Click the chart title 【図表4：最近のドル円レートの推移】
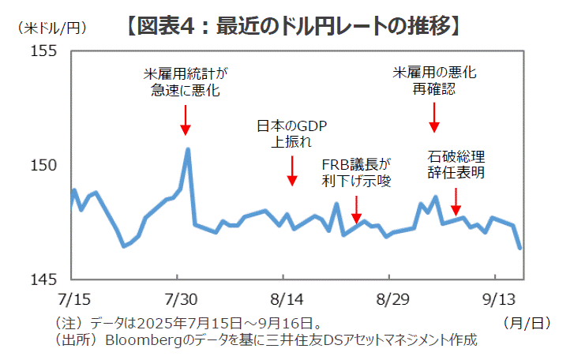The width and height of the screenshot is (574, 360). (x=291, y=26)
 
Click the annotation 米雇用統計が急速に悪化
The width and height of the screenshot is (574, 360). (x=186, y=82)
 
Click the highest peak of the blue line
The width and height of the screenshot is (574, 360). (x=188, y=148)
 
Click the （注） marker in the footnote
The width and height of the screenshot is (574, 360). (x=70, y=323)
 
